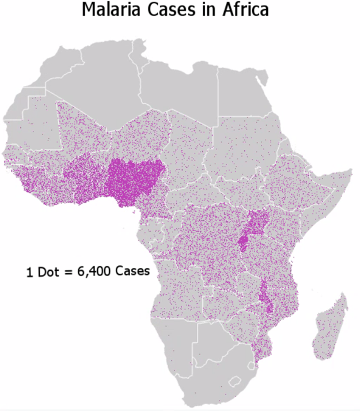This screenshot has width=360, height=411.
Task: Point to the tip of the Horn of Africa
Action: pyautogui.click(x=350, y=171)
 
